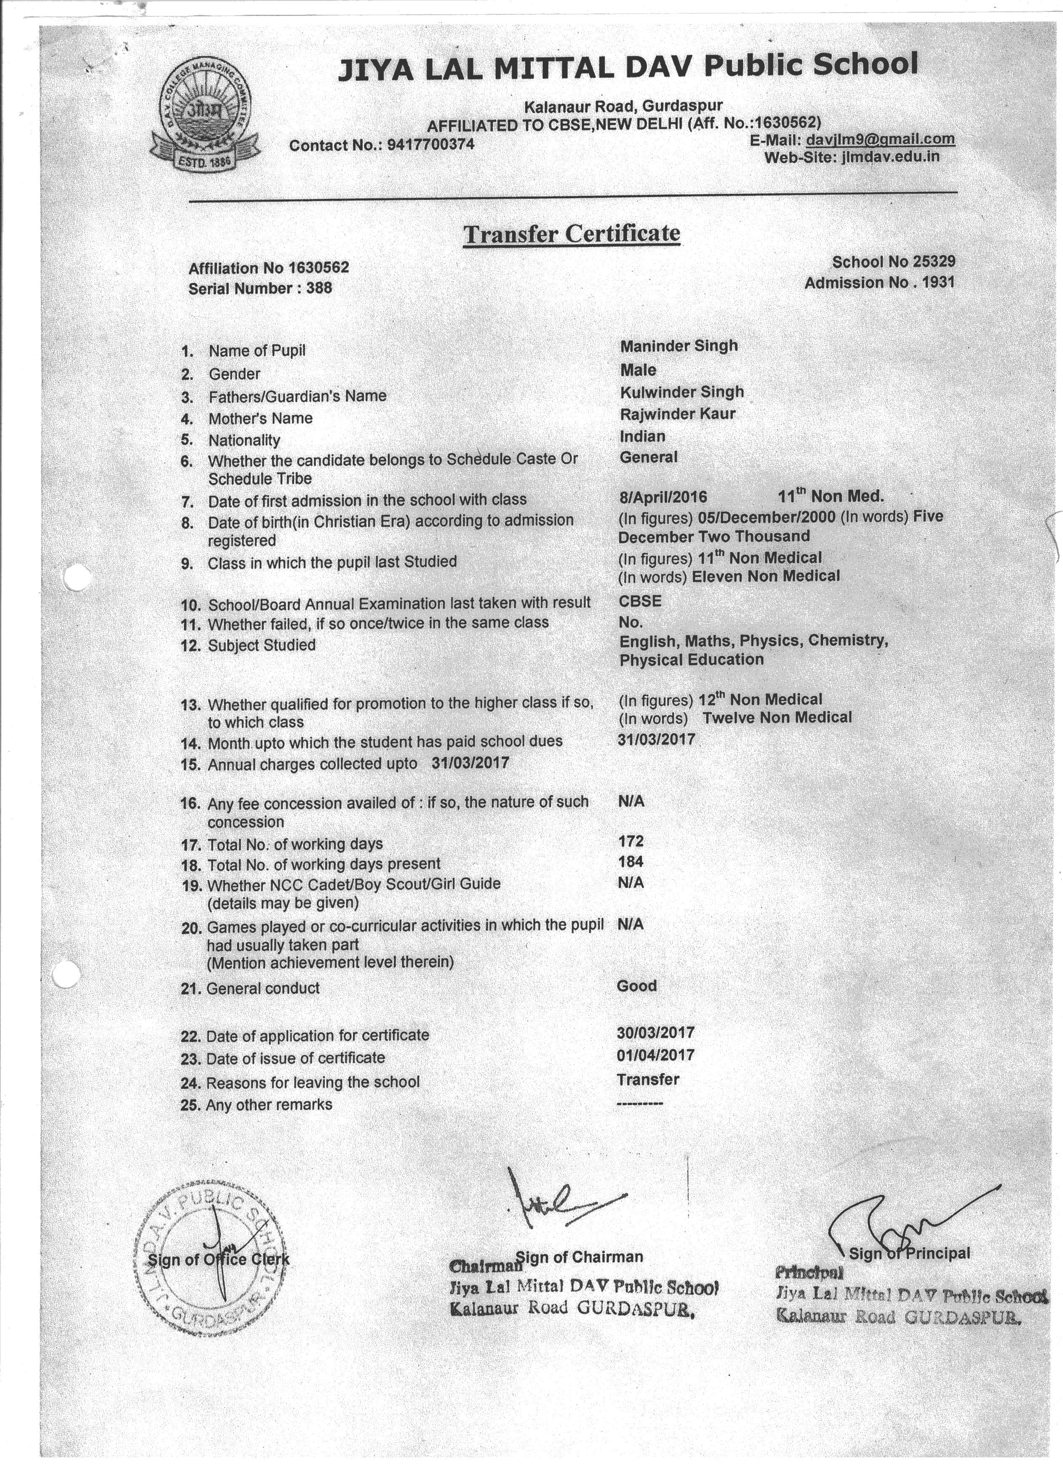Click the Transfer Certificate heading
coord(571,233)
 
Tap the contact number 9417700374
coord(431,144)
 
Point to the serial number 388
coord(319,288)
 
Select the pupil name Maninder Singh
coord(679,346)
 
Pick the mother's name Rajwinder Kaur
coord(677,413)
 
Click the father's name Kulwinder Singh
coord(681,392)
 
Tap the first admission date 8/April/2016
coord(663,498)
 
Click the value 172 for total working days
coord(631,842)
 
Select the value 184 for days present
coord(631,862)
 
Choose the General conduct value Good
coord(637,986)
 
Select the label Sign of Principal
coord(909,1253)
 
